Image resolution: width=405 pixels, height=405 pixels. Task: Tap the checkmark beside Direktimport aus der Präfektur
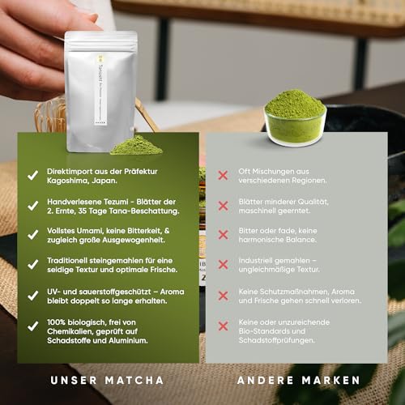(32, 173)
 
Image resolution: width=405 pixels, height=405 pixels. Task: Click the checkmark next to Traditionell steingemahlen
(32, 263)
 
